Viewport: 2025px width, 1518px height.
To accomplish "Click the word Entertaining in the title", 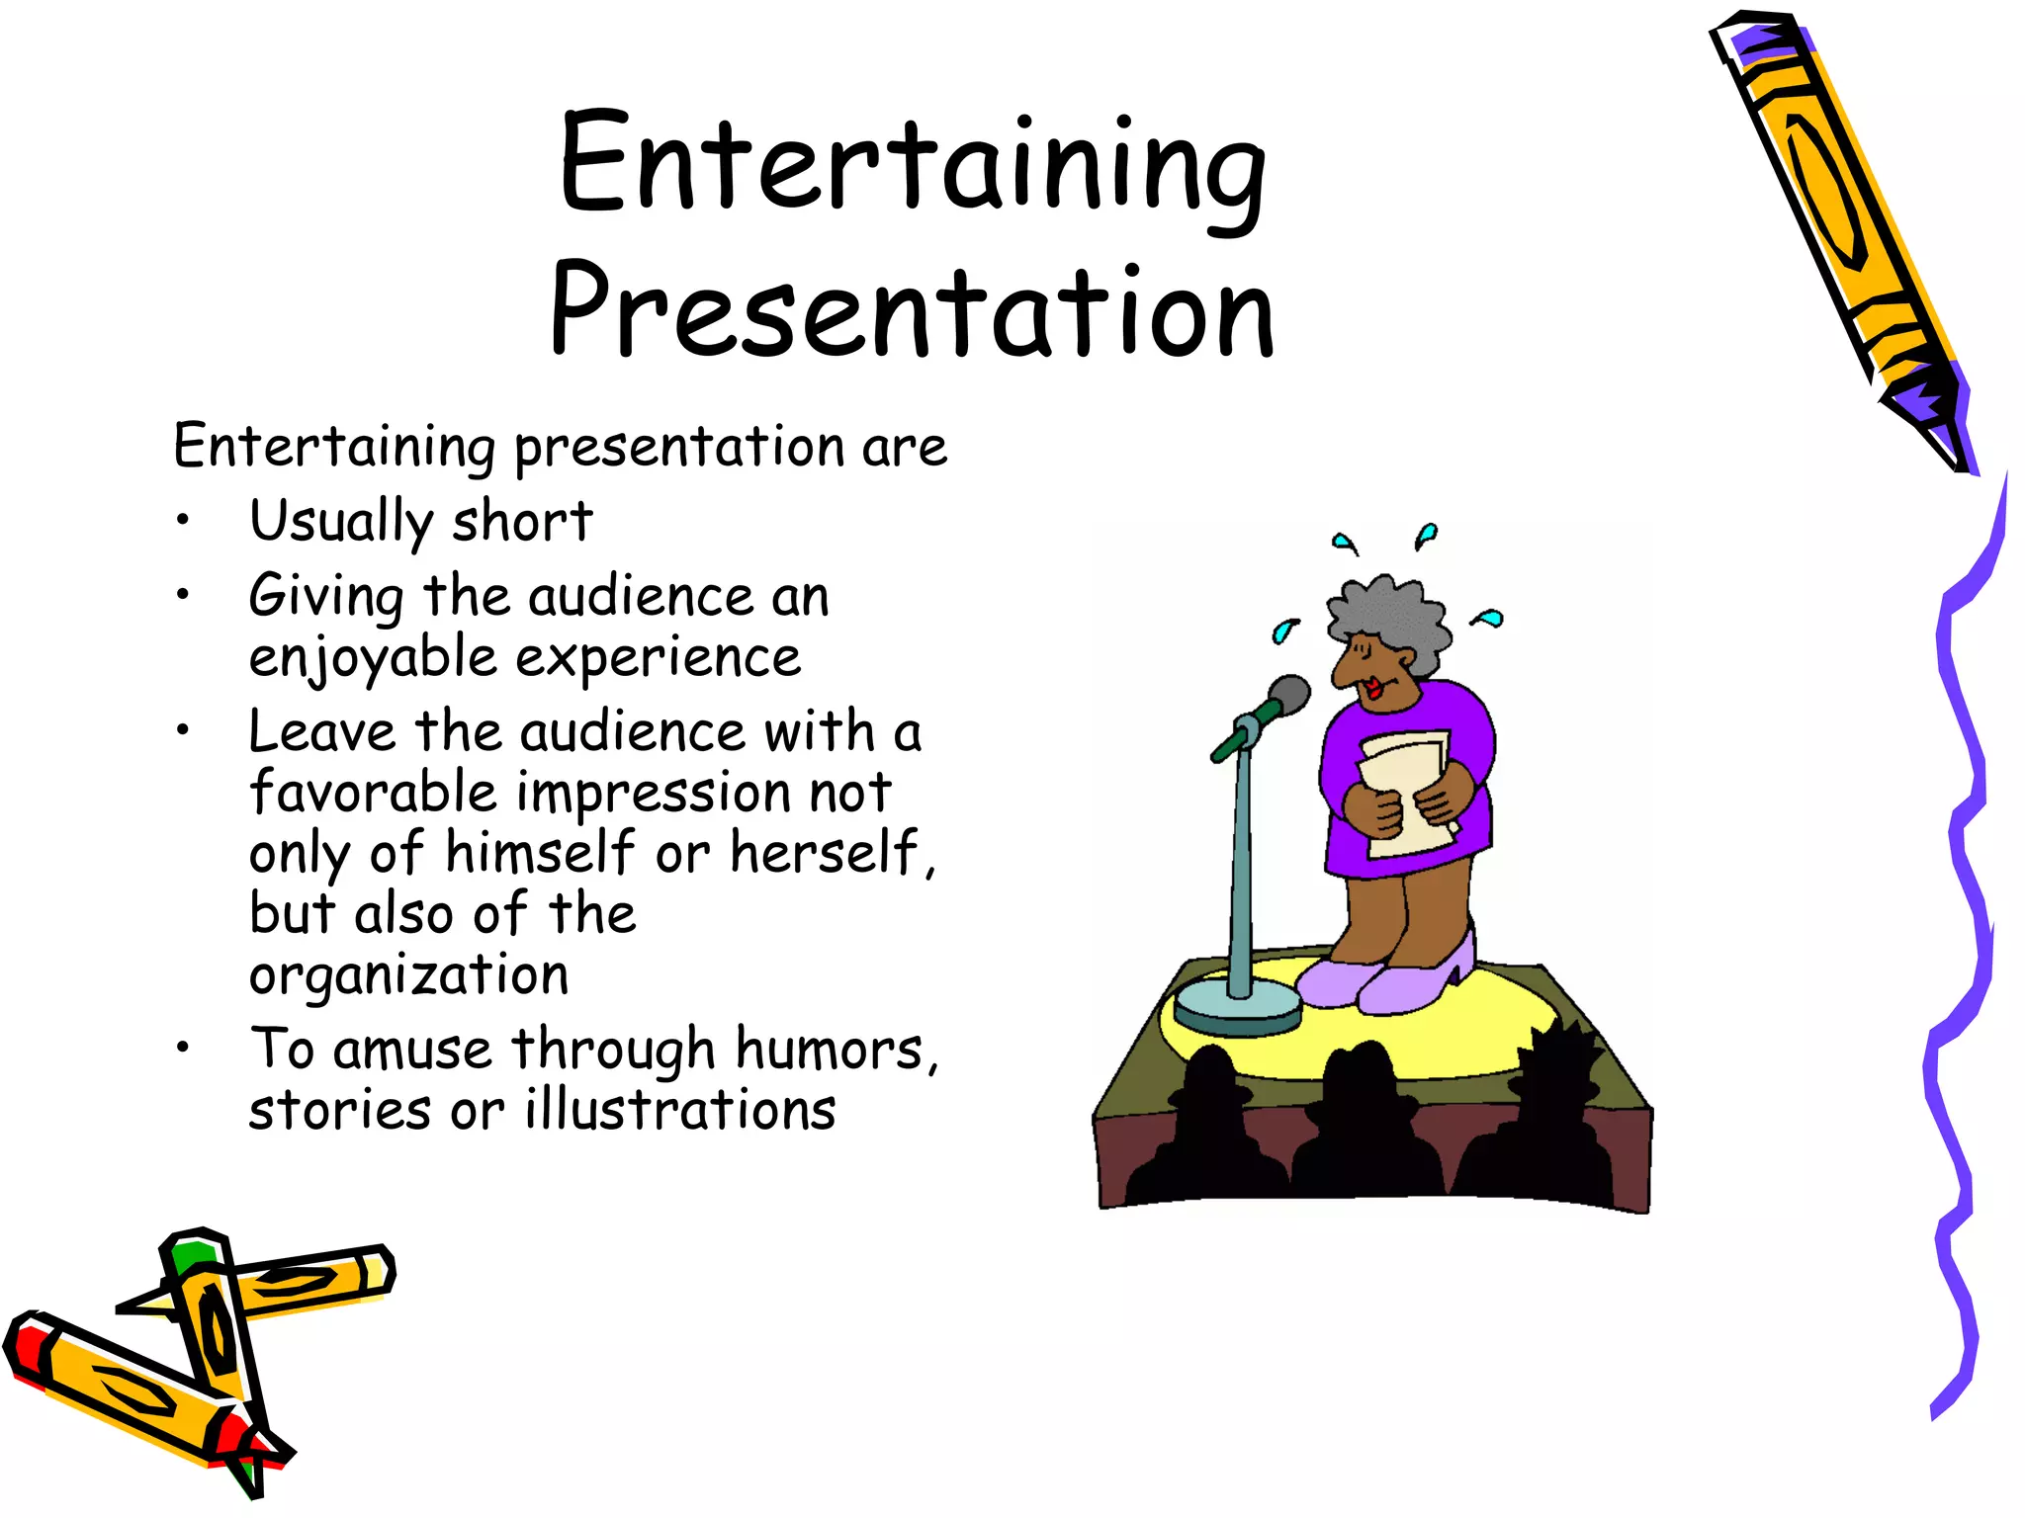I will click(x=912, y=166).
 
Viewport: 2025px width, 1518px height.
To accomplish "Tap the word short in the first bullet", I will click(x=522, y=521).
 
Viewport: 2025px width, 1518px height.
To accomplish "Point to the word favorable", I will click(x=372, y=793).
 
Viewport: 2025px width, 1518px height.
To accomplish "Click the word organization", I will click(x=408, y=976).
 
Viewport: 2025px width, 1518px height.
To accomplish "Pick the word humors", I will click(x=829, y=1050).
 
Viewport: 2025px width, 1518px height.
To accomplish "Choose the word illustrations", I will click(x=680, y=1111).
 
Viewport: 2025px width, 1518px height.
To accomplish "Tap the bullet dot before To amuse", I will click(x=182, y=1049).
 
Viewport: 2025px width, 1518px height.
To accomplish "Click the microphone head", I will click(x=1287, y=698).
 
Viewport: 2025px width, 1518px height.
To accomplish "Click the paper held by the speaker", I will click(x=1404, y=791).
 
